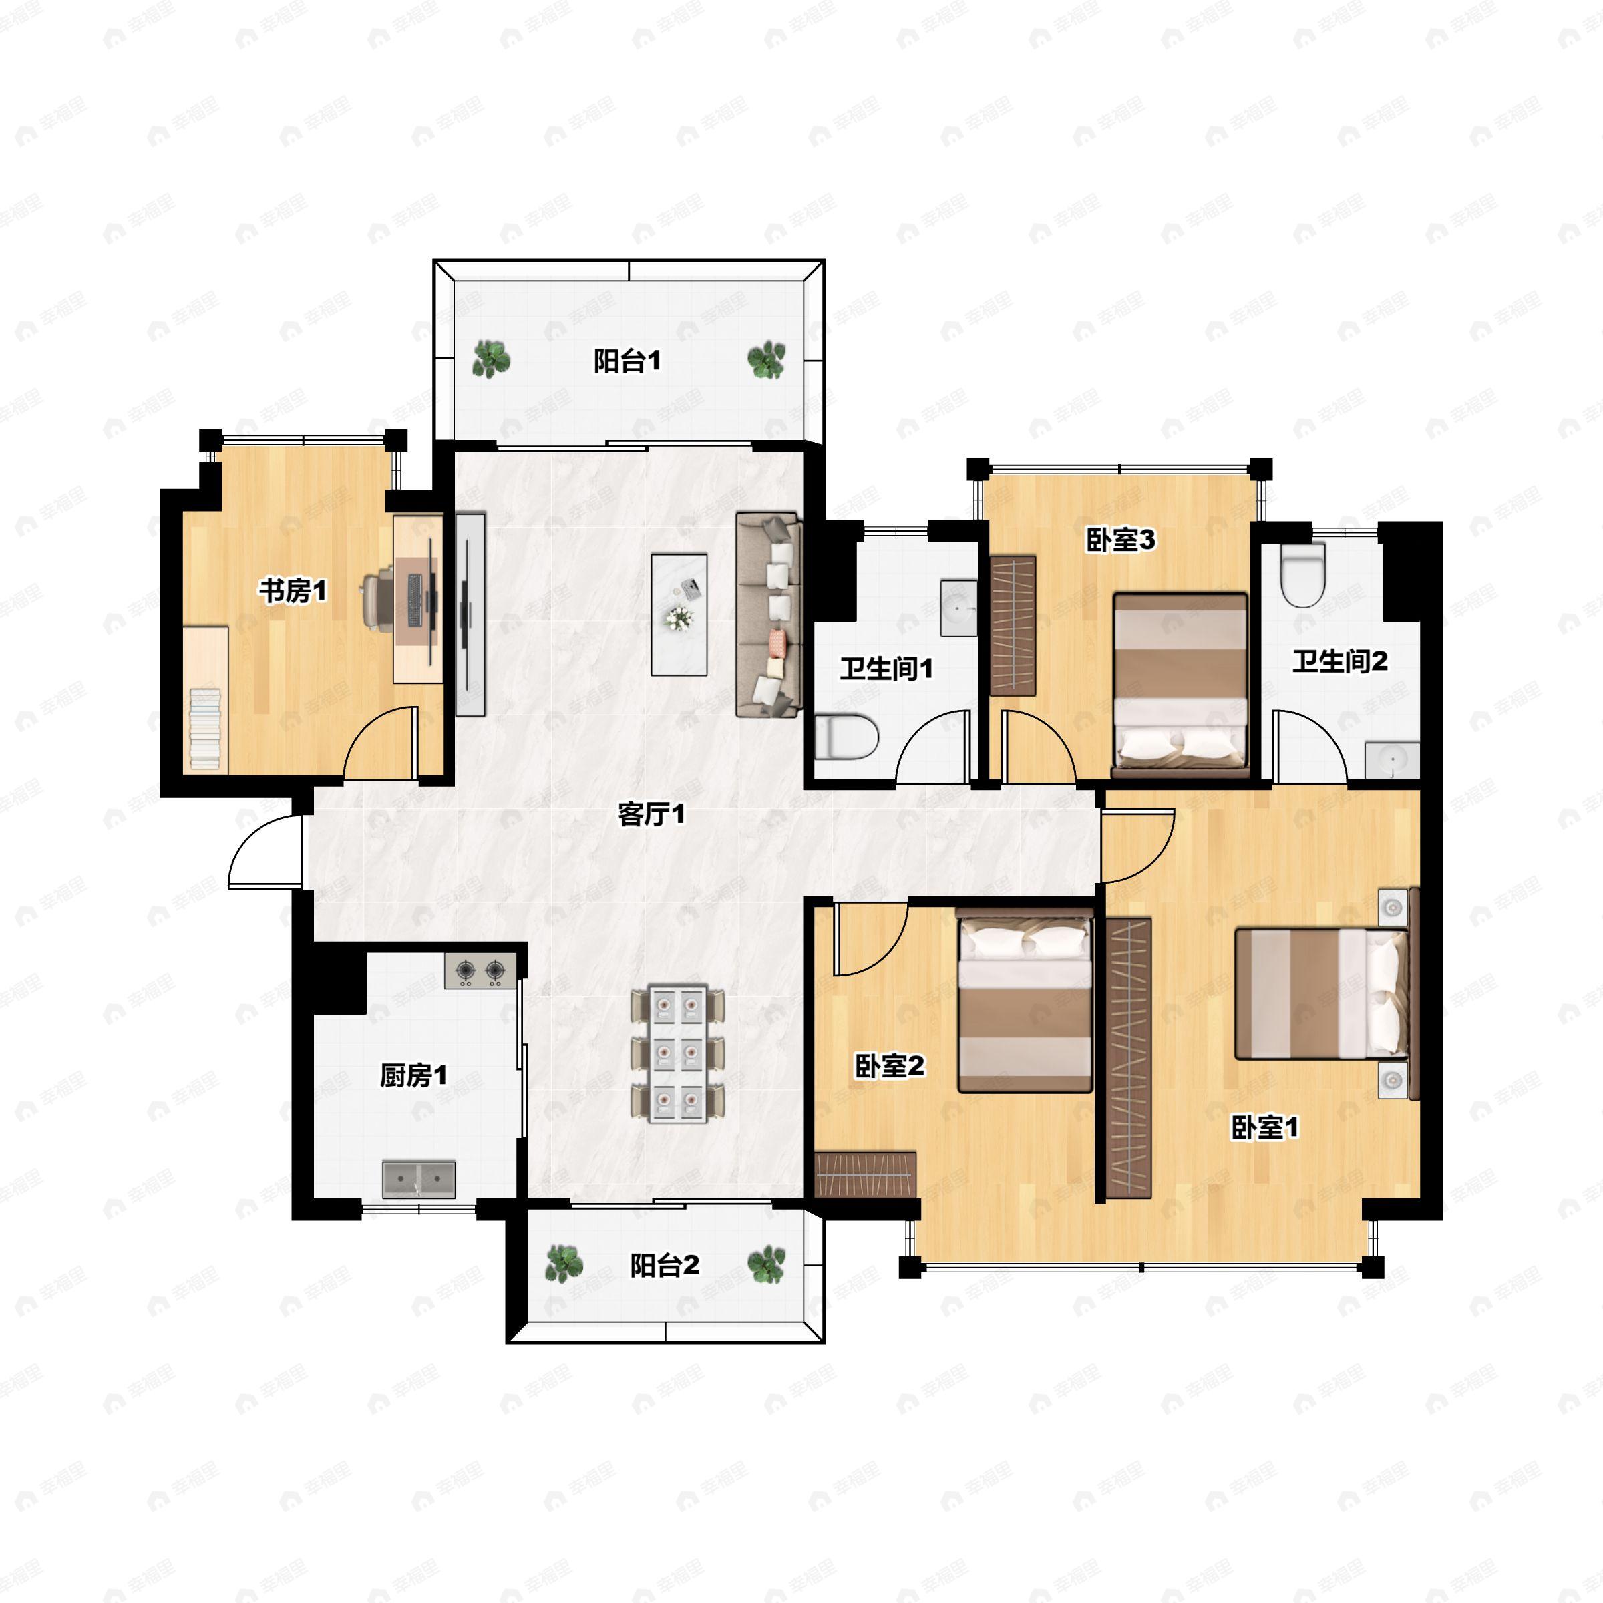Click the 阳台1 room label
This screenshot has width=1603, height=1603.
[x=627, y=361]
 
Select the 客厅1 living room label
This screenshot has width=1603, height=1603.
[x=652, y=814]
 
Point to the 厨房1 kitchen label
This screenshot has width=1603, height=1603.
[x=413, y=1075]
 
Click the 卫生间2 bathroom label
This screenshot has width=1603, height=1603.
[x=1340, y=661]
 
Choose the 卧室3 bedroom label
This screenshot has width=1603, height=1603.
[x=1121, y=540]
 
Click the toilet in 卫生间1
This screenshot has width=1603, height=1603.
[x=846, y=737]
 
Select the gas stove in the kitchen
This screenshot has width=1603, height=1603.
[x=480, y=970]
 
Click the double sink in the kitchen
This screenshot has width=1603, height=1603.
[x=419, y=1178]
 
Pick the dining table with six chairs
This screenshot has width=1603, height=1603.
[x=677, y=1054]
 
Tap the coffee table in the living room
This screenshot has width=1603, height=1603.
[x=679, y=614]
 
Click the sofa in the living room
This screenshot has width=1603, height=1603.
[x=768, y=614]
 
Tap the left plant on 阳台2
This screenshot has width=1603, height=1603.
[x=563, y=1264]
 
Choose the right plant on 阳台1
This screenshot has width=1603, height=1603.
[x=766, y=360]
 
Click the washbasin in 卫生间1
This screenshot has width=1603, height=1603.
[x=959, y=609]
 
